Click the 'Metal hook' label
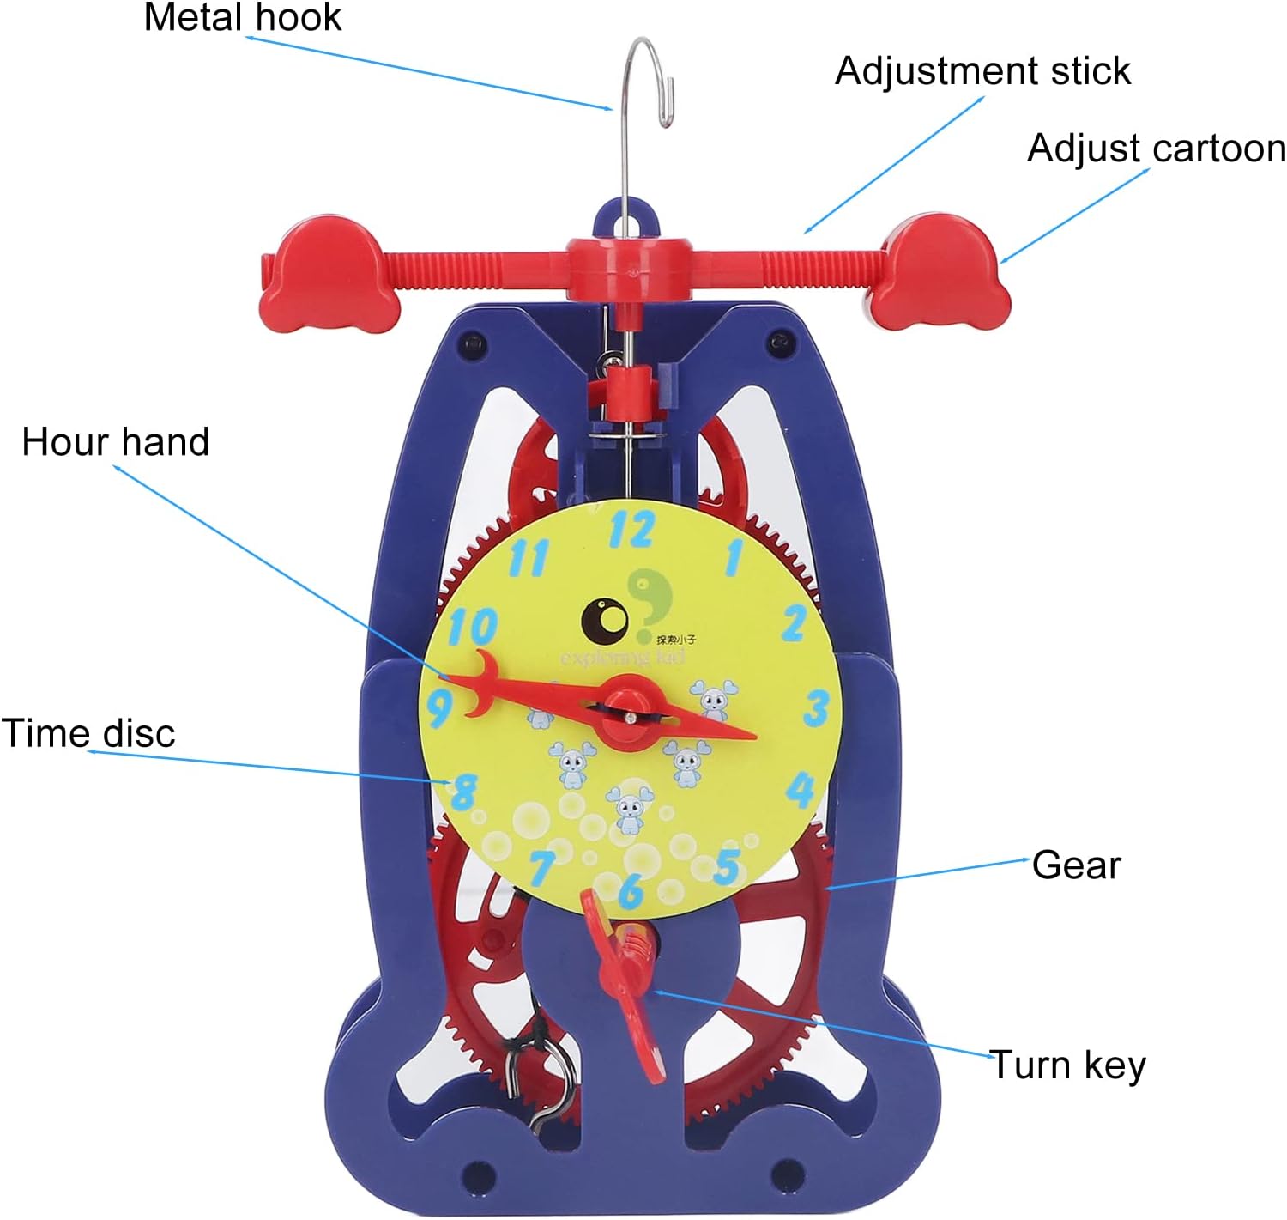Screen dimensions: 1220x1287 [x=242, y=18]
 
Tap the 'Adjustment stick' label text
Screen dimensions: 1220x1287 [x=982, y=71]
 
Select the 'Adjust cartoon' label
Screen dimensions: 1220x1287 [x=1156, y=149]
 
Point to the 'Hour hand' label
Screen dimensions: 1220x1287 [x=116, y=442]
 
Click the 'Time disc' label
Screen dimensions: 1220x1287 [x=88, y=733]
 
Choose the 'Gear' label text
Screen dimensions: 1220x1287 [x=1076, y=865]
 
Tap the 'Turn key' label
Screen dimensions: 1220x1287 [x=1067, y=1065]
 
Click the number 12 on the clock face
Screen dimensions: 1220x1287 [x=631, y=530]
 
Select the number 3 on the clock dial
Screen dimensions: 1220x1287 [x=815, y=708]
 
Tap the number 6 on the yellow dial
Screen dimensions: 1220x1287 [x=631, y=890]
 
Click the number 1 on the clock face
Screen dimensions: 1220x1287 [x=734, y=556]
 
